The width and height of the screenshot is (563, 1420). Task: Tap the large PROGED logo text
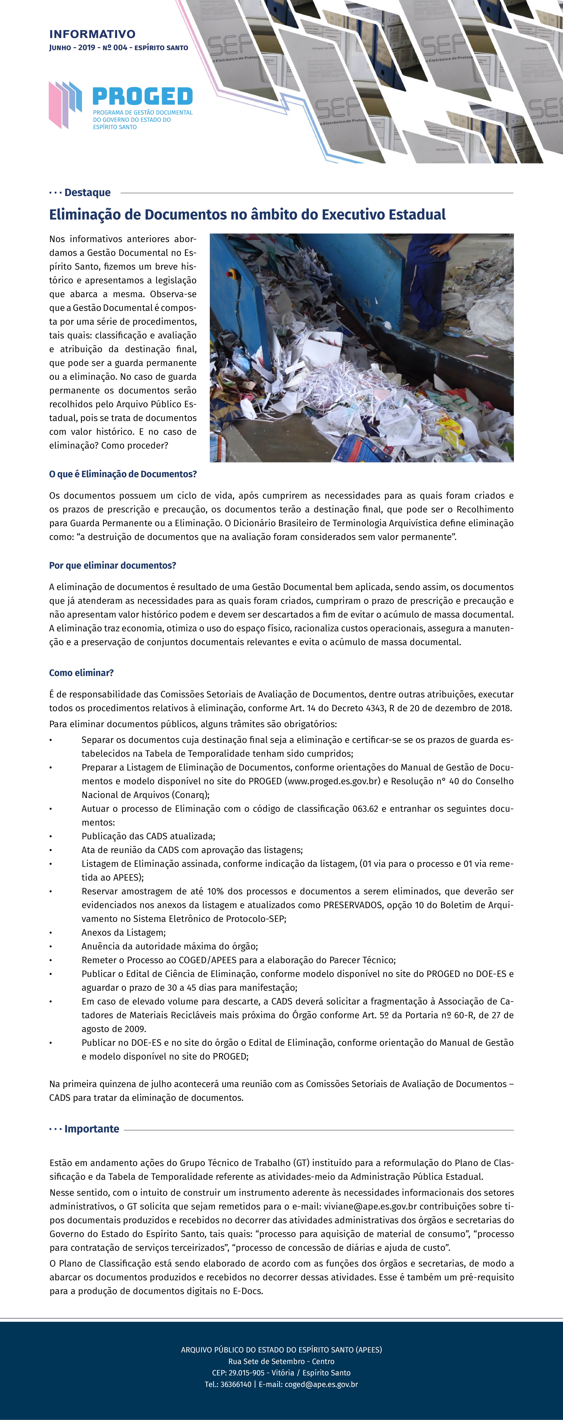click(142, 97)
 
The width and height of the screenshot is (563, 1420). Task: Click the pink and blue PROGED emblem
click(65, 104)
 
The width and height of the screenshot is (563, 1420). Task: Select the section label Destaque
click(87, 192)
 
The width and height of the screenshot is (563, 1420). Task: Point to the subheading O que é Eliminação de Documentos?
click(123, 474)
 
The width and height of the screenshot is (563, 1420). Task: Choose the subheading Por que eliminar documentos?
click(112, 566)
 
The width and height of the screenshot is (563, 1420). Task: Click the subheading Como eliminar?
click(81, 673)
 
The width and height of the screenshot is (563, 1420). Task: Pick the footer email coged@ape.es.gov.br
click(321, 1384)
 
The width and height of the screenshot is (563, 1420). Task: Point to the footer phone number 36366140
click(236, 1384)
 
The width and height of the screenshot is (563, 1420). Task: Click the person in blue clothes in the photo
click(430, 281)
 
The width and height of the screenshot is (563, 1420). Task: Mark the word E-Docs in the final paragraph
click(248, 1291)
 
